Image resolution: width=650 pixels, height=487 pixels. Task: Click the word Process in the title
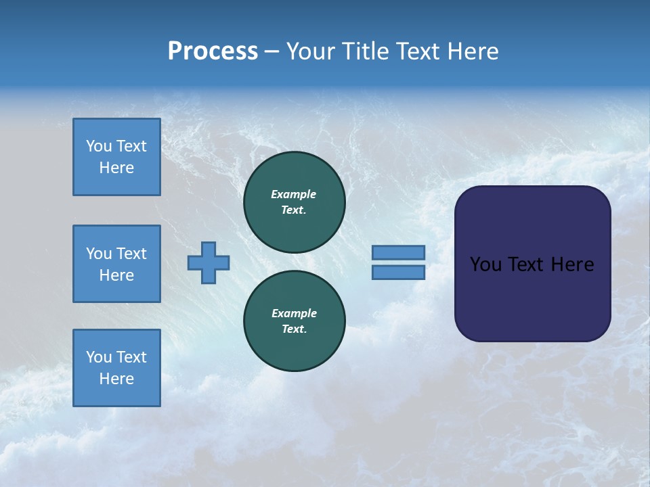click(x=213, y=51)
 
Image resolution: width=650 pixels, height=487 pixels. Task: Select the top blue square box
click(x=116, y=157)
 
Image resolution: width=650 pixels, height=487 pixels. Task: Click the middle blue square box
click(x=116, y=264)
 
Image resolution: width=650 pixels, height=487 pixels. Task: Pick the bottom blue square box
click(x=116, y=368)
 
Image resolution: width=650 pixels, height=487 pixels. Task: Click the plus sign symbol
click(x=209, y=262)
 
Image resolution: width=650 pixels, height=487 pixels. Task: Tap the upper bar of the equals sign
click(x=398, y=252)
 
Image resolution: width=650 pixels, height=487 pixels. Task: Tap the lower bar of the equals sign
click(x=398, y=273)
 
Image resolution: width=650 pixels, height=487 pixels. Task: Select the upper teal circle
click(x=295, y=202)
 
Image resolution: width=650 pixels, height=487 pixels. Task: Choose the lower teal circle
click(x=295, y=321)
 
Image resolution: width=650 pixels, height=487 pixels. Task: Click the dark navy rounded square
click(x=532, y=264)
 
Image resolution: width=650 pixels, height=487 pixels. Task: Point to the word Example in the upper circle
click(x=294, y=194)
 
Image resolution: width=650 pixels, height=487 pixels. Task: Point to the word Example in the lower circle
click(x=294, y=313)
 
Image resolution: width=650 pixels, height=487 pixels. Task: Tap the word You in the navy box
click(x=486, y=264)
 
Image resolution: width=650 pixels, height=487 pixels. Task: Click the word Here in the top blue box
click(x=116, y=168)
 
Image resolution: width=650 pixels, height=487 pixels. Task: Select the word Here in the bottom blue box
click(x=116, y=379)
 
